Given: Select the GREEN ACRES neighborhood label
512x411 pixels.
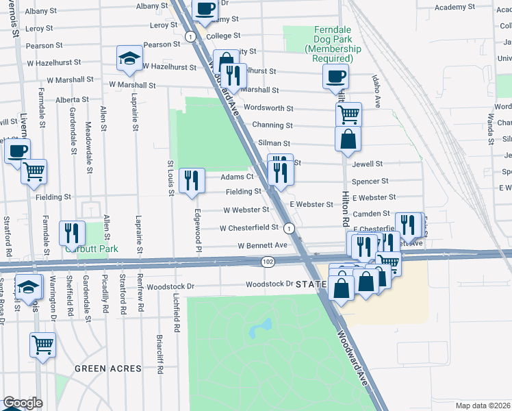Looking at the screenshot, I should point(107,369).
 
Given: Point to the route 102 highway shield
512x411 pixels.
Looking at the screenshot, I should point(268,262).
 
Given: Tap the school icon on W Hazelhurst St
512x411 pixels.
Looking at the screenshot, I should point(129,59).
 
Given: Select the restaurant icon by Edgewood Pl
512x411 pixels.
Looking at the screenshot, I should point(192,181).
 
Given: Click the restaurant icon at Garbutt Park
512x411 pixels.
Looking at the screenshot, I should point(72,233).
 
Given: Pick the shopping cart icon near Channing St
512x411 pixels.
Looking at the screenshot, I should point(348,114).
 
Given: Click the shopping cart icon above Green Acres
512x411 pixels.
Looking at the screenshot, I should point(42,345).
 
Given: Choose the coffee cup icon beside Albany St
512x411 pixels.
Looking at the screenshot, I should point(205,8).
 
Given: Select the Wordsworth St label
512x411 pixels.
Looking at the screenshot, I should point(268,108).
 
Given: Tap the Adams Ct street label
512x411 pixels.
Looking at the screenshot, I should point(237,177).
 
